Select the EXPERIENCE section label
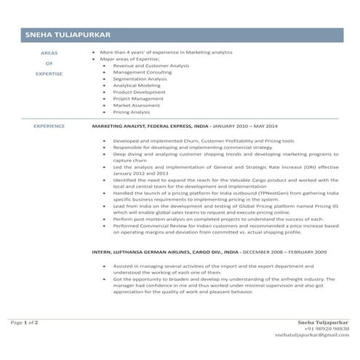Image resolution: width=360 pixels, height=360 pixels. pyautogui.click(x=49, y=126)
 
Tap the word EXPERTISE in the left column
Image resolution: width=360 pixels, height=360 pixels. pyautogui.click(x=49, y=73)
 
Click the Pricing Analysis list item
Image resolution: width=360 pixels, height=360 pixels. pyautogui.click(x=132, y=112)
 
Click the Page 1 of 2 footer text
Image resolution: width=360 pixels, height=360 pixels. pyautogui.click(x=24, y=321)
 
